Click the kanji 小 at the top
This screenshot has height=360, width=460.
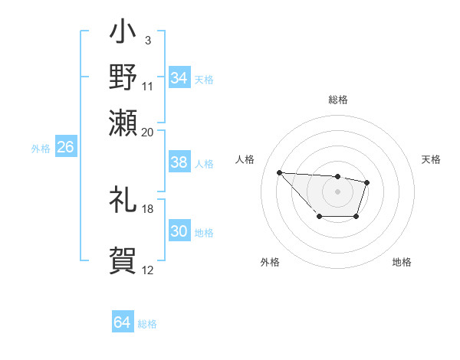[x=123, y=35]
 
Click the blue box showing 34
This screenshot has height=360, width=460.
[x=179, y=77]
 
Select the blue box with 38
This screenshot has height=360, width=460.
[x=179, y=162]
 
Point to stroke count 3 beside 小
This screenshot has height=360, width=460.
[x=147, y=38]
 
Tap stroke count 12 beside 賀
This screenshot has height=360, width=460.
[x=147, y=270]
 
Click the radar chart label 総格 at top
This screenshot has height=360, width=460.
[x=337, y=100]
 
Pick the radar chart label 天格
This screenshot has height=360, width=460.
[x=432, y=159]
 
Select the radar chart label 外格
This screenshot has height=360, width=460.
[x=270, y=262]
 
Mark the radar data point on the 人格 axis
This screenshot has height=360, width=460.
[x=280, y=172]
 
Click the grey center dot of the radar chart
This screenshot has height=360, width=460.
[x=337, y=191]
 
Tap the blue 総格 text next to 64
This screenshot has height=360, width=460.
[x=147, y=324]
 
